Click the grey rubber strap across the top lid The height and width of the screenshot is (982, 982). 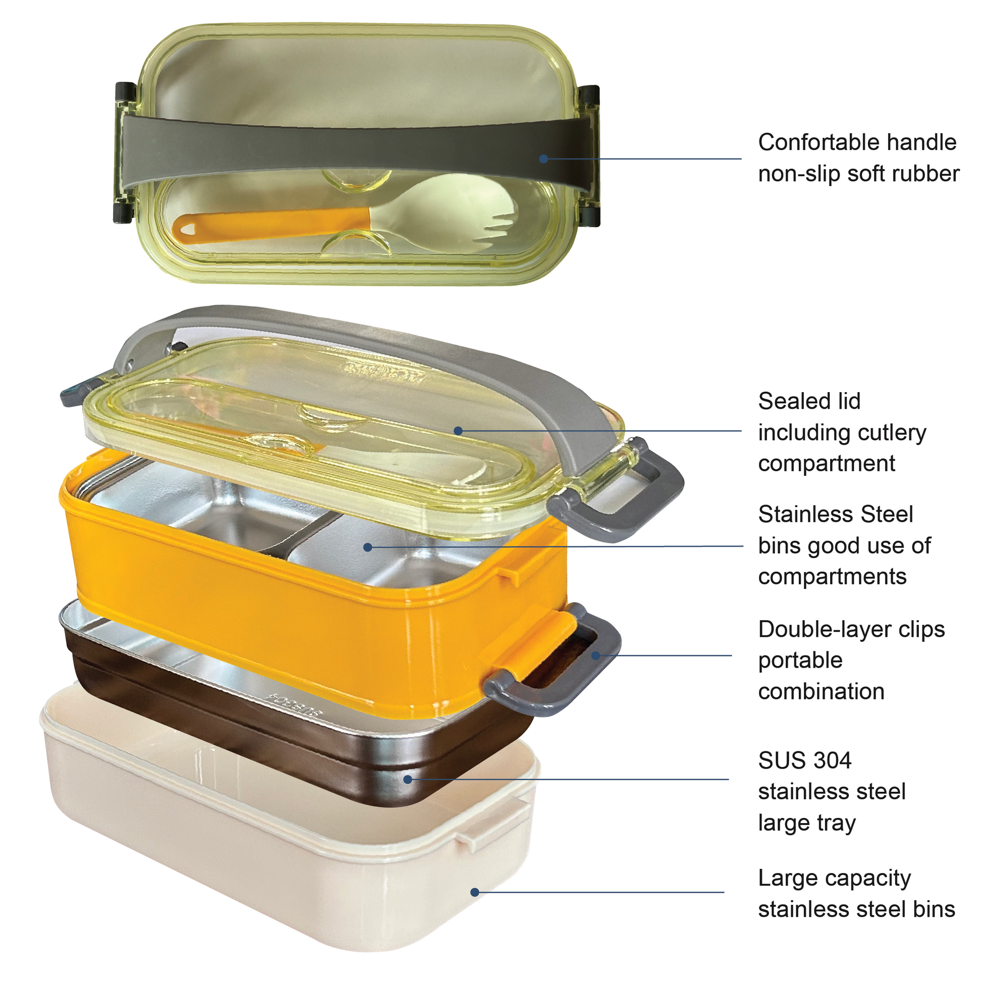tap(356, 147)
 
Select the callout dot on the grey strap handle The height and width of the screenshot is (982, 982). tap(543, 158)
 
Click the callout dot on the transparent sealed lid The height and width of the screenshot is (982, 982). tap(458, 431)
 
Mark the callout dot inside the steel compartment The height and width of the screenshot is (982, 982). tap(368, 548)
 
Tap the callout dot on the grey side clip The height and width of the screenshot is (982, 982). tap(595, 656)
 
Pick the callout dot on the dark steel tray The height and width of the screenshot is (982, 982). tap(408, 779)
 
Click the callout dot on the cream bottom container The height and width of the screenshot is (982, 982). tap(475, 892)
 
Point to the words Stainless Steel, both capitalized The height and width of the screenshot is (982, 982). tap(836, 514)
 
